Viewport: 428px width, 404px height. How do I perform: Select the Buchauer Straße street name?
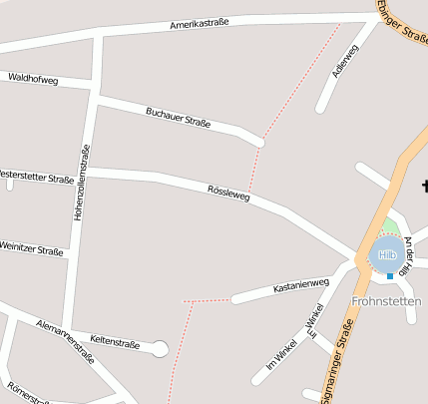point(178,117)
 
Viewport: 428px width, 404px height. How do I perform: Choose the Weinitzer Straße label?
point(30,248)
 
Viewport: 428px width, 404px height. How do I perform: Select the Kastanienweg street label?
point(300,286)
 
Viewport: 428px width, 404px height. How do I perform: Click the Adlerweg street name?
point(344,61)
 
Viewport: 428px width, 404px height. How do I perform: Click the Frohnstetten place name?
point(386,300)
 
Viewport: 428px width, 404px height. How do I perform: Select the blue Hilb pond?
point(386,255)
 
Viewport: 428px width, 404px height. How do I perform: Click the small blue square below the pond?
point(389,276)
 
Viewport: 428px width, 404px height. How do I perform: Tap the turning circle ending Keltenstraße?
point(159,348)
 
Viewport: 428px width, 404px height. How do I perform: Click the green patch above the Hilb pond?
point(392,226)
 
